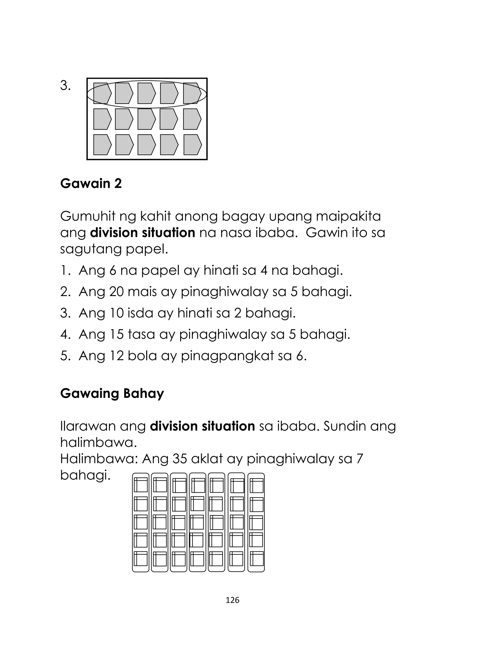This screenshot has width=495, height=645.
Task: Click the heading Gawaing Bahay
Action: (112, 394)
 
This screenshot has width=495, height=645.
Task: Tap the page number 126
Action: (233, 600)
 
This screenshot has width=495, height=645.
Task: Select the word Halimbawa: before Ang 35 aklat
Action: (99, 459)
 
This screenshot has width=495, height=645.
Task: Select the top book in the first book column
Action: (141, 485)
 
